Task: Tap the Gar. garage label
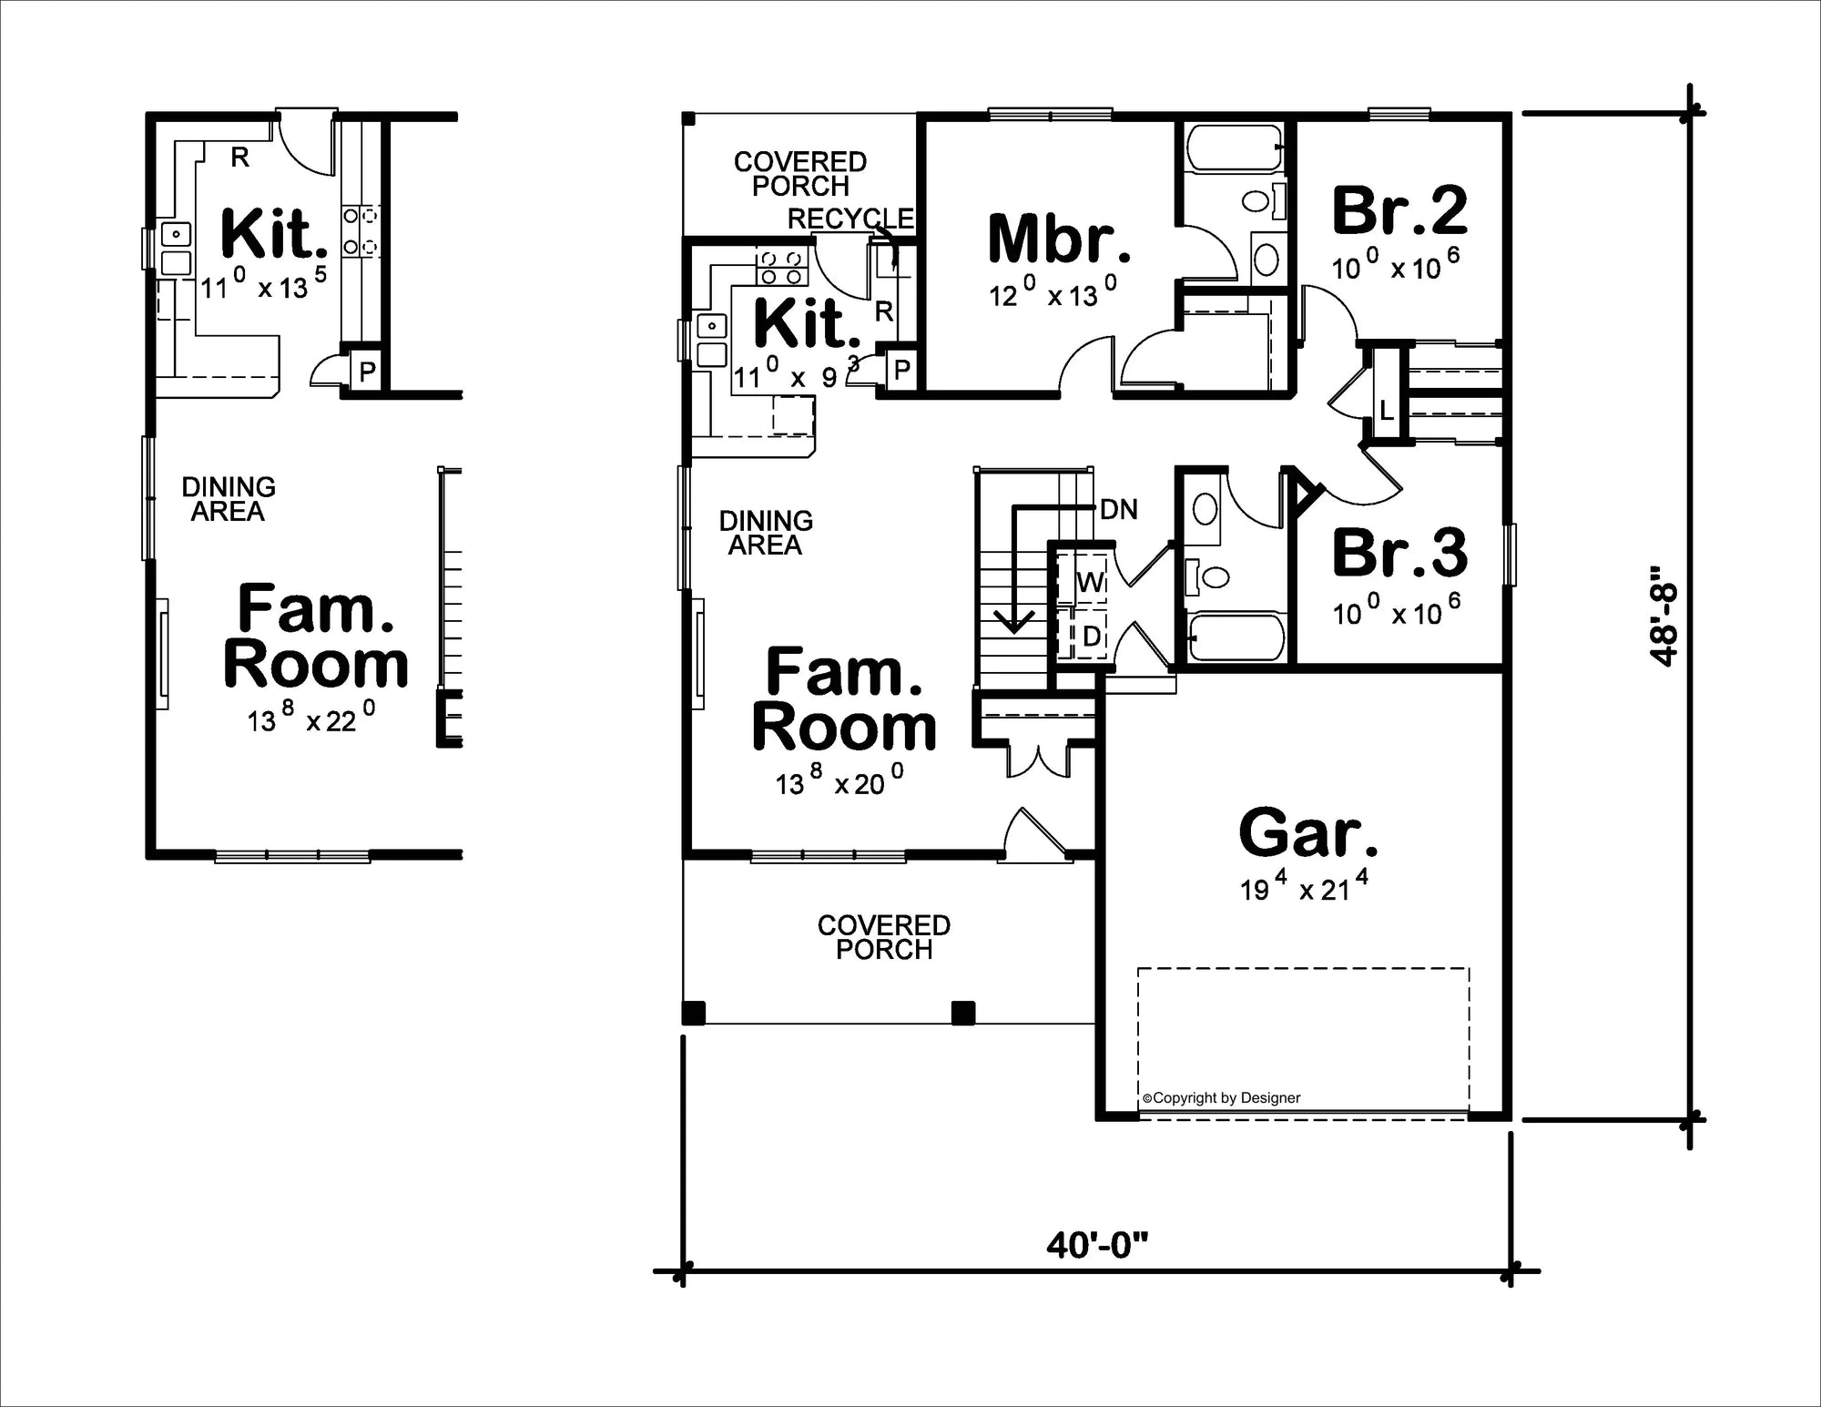pyautogui.click(x=1308, y=833)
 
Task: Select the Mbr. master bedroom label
pyautogui.click(x=1059, y=239)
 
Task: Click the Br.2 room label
pyautogui.click(x=1399, y=210)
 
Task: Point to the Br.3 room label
pyautogui.click(x=1399, y=553)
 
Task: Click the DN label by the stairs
pyautogui.click(x=1119, y=510)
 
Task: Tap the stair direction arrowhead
pyautogui.click(x=1016, y=623)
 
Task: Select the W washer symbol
pyautogui.click(x=1090, y=581)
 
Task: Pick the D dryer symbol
pyautogui.click(x=1091, y=637)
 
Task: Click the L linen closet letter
pyautogui.click(x=1386, y=412)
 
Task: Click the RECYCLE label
pyautogui.click(x=850, y=219)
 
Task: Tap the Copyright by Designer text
pyautogui.click(x=1222, y=1098)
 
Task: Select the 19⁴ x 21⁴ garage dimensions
pyautogui.click(x=1304, y=887)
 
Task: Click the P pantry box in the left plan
pyautogui.click(x=367, y=372)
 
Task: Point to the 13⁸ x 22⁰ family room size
pyautogui.click(x=310, y=719)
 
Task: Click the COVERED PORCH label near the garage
pyautogui.click(x=883, y=937)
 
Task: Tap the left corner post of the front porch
pyautogui.click(x=694, y=1013)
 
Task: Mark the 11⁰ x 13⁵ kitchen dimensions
pyautogui.click(x=263, y=286)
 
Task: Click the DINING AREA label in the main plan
pyautogui.click(x=766, y=533)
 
